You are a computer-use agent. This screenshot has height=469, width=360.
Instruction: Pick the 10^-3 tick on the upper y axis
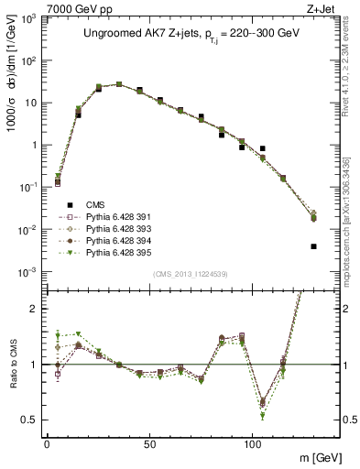click(x=28, y=271)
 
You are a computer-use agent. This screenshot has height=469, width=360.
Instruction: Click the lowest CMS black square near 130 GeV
click(x=313, y=246)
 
